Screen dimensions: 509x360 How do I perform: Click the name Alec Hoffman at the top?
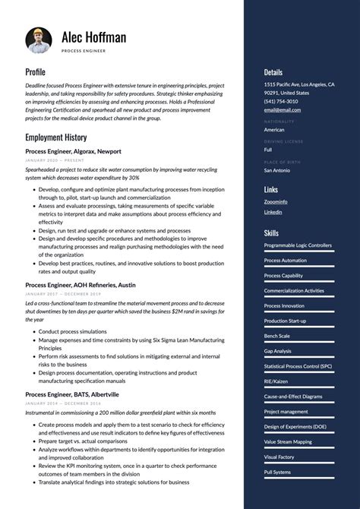94,36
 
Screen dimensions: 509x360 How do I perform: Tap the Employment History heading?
55,138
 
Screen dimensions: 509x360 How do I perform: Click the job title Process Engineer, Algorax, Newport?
73,151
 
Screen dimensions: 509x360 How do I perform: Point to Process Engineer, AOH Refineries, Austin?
81,284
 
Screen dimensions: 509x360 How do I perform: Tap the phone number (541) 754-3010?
281,101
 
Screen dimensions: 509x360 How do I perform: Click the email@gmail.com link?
283,109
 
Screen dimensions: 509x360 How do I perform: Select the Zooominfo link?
276,201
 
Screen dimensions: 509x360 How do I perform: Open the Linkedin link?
273,212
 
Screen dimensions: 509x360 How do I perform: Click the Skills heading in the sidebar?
271,232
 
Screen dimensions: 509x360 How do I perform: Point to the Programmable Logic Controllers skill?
298,245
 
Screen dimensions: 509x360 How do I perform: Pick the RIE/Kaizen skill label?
276,381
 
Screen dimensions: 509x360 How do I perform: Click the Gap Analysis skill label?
278,351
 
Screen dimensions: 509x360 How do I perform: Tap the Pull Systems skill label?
277,472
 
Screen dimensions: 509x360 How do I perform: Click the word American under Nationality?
274,130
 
